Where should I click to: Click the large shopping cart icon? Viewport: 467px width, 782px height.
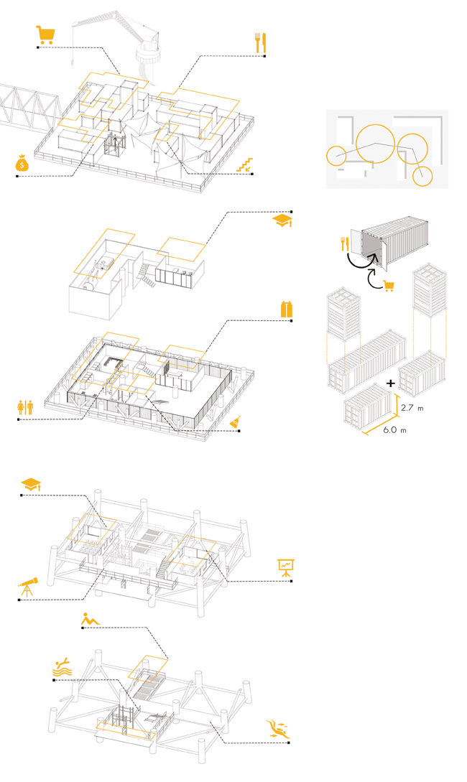coord(45,35)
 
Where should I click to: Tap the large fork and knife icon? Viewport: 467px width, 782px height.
coord(260,42)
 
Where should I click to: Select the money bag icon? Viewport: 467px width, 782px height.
coord(23,164)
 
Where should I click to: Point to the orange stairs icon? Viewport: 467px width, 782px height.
coord(246,165)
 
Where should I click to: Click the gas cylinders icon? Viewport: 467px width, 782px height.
coord(287,309)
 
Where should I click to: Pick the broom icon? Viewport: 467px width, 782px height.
coord(235,424)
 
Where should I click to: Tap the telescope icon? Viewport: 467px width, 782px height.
coord(27,587)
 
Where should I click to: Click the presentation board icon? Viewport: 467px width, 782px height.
coord(286,569)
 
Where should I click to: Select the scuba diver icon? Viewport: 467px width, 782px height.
coord(276,728)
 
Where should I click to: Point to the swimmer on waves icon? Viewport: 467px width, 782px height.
coord(62,668)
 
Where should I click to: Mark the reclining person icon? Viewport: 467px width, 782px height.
coord(90,618)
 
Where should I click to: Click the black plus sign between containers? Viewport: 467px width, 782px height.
coord(390,383)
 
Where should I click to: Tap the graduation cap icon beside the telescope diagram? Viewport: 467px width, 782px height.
coord(31,484)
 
